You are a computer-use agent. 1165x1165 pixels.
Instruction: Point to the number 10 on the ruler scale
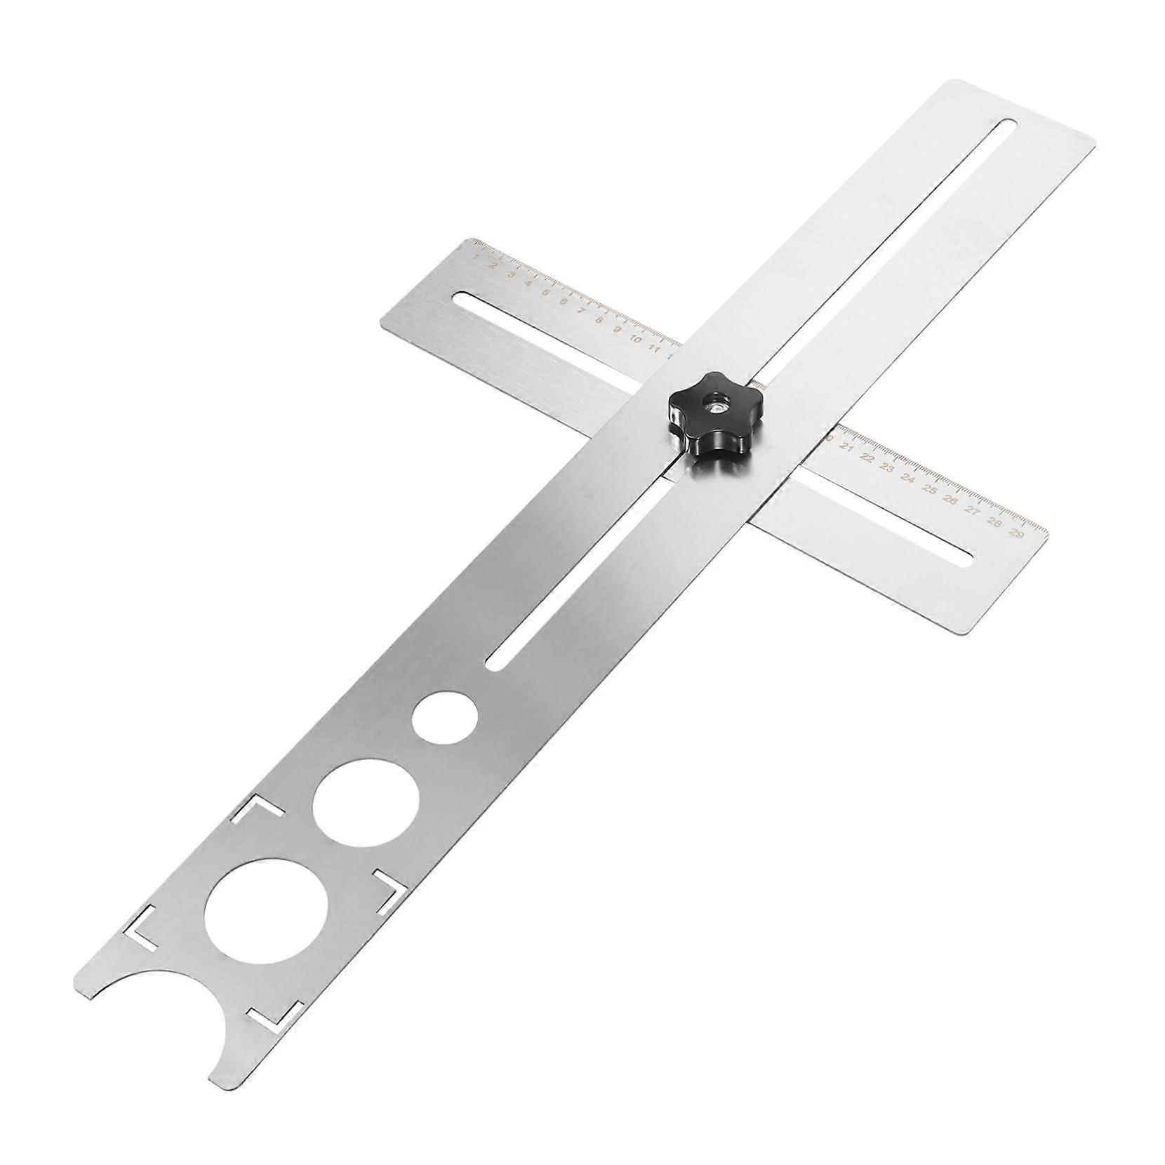tap(636, 338)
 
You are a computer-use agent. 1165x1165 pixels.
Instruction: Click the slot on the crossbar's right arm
tap(884, 512)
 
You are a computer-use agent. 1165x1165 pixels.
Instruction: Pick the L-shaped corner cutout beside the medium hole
tap(256, 811)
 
